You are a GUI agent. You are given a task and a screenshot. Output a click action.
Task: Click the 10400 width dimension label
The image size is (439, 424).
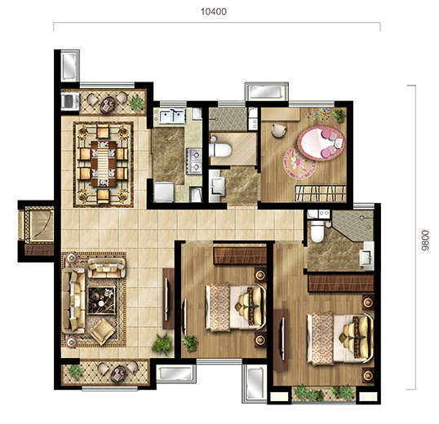tap(214, 11)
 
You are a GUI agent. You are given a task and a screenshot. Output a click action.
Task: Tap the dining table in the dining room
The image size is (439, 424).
tap(104, 163)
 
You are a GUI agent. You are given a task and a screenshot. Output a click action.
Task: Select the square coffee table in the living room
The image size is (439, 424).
tap(101, 301)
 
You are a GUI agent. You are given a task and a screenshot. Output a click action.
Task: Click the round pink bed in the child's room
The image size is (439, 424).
tap(321, 143)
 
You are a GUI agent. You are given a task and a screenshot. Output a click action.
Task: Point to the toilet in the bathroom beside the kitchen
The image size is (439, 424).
tap(220, 150)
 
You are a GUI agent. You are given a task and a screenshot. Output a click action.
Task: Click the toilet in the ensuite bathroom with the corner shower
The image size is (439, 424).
tap(317, 231)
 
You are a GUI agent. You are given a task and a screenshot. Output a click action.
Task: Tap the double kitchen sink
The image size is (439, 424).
tap(172, 116)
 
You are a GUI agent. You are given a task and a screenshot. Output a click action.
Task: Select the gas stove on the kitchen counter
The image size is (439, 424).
tap(194, 161)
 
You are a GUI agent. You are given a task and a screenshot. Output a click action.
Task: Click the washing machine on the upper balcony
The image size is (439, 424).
tap(70, 100)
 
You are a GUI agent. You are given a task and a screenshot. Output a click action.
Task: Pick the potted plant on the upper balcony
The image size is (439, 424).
tap(137, 103)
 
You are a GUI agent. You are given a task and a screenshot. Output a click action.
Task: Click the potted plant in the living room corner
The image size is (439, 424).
tap(162, 344)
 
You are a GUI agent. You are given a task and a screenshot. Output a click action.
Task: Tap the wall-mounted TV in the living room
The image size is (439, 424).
tap(166, 299)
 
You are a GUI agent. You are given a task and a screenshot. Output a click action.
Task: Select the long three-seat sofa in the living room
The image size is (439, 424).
tap(73, 301)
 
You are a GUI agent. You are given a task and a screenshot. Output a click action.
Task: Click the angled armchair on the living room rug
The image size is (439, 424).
tap(102, 332)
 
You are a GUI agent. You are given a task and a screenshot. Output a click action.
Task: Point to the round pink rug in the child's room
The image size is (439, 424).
tap(300, 162)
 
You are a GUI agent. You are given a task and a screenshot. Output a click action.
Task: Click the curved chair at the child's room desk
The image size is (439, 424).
tap(279, 130)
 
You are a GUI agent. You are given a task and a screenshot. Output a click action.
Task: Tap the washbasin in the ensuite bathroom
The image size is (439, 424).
tap(366, 258)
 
